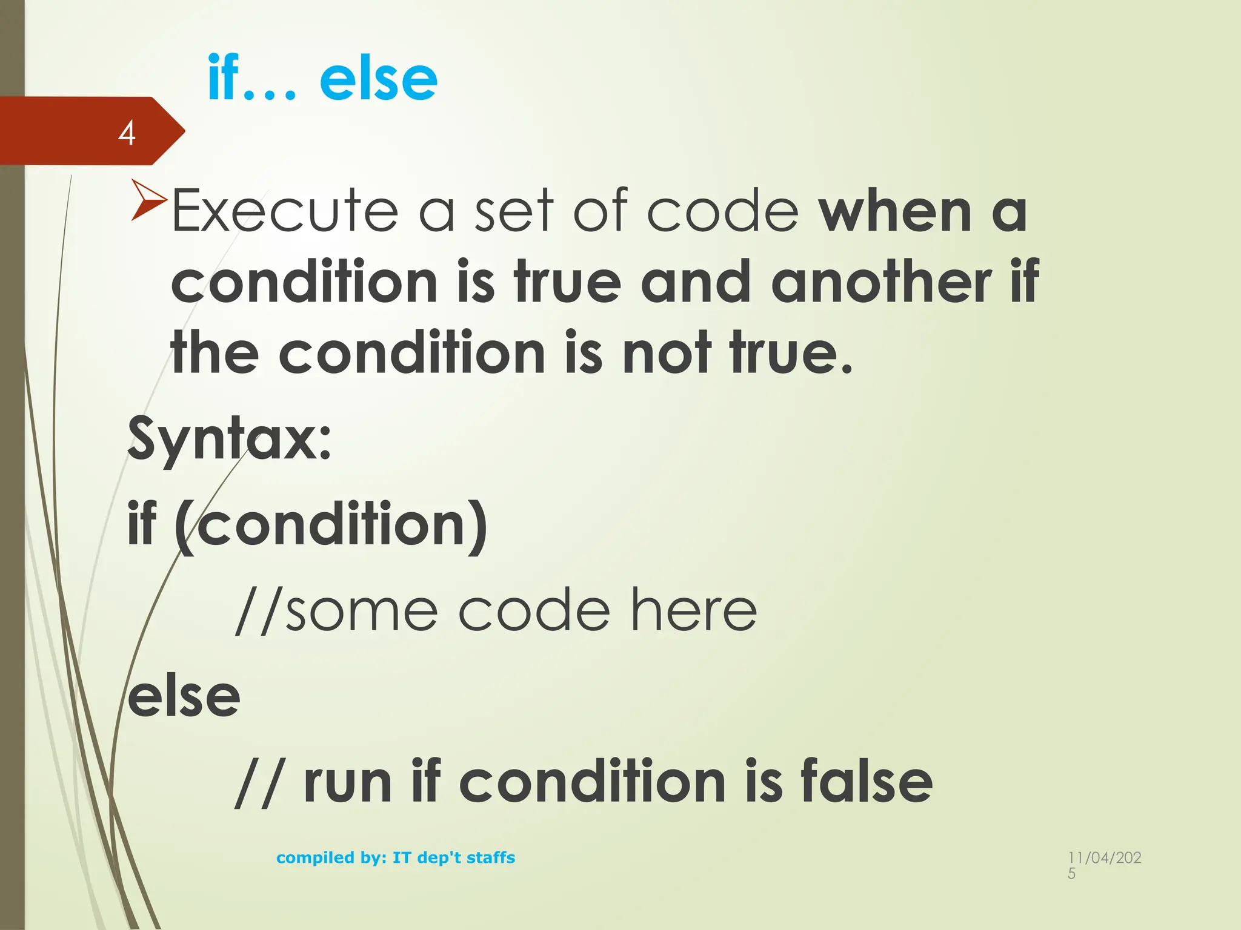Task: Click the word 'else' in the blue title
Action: click(378, 79)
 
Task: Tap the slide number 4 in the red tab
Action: click(127, 133)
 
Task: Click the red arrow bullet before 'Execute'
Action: click(148, 199)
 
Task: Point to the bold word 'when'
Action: click(896, 212)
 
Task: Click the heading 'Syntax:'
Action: click(230, 438)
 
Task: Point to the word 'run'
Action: click(348, 782)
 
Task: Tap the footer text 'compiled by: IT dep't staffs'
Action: click(395, 857)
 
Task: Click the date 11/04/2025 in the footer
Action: click(1104, 865)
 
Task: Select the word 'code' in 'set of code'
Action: click(723, 212)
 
